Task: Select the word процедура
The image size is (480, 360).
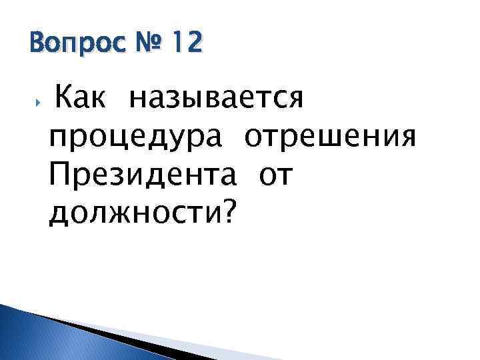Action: [x=140, y=138]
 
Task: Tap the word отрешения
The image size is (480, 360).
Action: [x=331, y=138]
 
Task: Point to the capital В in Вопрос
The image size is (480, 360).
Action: [x=37, y=44]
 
